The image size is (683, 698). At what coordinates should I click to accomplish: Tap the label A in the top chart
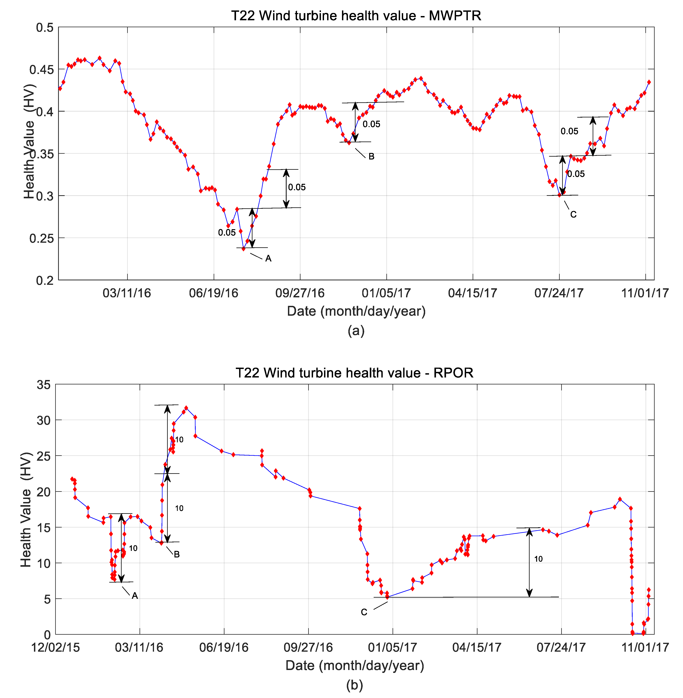(x=268, y=258)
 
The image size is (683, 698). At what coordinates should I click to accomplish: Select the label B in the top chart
(x=371, y=156)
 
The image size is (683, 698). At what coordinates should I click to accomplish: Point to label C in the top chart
(x=573, y=215)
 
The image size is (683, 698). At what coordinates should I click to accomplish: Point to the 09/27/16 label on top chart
(x=300, y=293)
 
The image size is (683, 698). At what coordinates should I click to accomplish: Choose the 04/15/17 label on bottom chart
(x=477, y=647)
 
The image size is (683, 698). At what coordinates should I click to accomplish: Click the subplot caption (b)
(x=354, y=685)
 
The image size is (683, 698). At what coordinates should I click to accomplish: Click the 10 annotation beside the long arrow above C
(x=538, y=559)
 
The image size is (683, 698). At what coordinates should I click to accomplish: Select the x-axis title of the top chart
(x=356, y=311)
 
